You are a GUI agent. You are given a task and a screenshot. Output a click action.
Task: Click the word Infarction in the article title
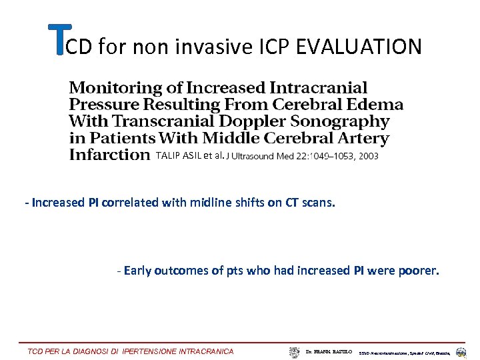coord(109,155)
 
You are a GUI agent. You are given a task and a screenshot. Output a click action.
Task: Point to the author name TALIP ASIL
coord(178,156)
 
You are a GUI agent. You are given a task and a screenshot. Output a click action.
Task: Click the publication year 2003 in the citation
coord(367,157)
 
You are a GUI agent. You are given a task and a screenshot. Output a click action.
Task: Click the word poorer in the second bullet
coord(421,271)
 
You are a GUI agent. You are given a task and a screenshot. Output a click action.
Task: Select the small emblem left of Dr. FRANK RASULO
coord(294,351)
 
